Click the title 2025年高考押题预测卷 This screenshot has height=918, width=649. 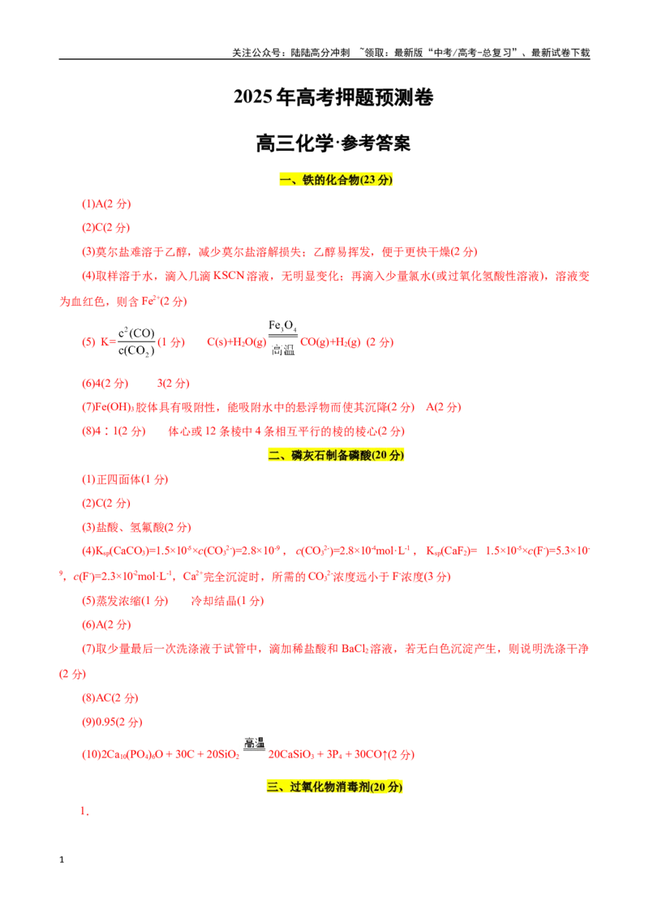[333, 97]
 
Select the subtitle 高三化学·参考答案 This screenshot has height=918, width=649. [333, 143]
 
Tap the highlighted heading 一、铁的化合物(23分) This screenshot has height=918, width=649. [336, 180]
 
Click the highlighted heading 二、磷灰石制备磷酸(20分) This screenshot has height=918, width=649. [336, 455]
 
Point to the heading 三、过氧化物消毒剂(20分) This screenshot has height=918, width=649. [334, 787]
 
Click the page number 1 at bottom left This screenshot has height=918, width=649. [62, 860]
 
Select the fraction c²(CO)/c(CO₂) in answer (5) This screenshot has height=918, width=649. [136, 342]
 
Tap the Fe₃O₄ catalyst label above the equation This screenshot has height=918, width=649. [282, 326]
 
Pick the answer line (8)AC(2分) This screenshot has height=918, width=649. [110, 698]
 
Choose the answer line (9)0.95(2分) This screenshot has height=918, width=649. [112, 722]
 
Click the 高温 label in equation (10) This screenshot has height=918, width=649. [254, 743]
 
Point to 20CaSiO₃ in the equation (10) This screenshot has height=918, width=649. [291, 754]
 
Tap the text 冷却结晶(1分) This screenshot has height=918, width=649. [227, 601]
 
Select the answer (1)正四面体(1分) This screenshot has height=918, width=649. [125, 479]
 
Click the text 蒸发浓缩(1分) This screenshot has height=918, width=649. [125, 601]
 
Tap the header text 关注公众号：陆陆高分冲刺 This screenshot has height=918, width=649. [290, 53]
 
